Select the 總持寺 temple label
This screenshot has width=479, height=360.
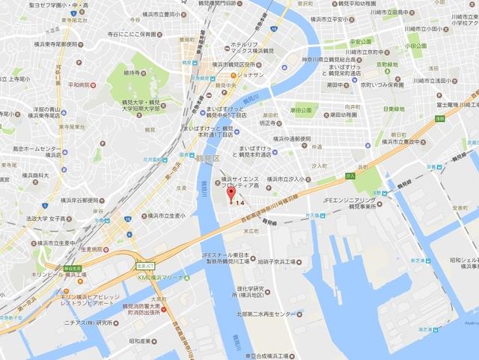click(132, 73)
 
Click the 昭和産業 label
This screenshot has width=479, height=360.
click(140, 341)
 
